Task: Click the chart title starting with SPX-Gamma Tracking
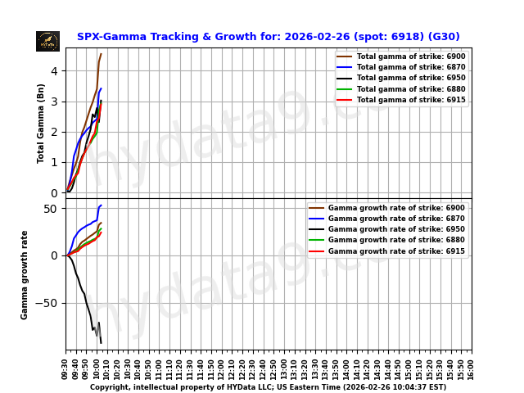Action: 268,37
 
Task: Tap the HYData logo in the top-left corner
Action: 47,41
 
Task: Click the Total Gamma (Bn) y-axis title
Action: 41,123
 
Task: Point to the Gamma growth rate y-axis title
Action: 25,274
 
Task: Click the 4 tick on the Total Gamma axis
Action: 53,71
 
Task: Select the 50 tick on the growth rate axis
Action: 51,209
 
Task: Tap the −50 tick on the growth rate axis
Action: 47,303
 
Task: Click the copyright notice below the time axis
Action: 268,387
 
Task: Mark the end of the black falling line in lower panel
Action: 101,343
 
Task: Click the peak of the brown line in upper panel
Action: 101,54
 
